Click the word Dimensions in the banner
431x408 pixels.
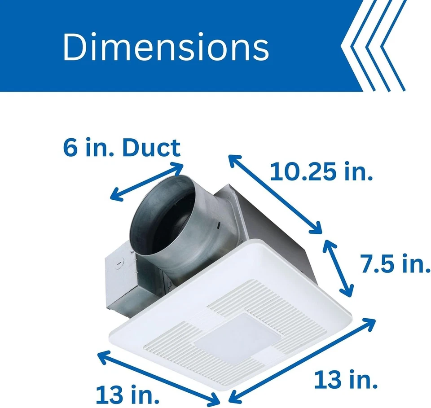point(166,47)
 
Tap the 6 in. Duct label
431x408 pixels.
point(121,148)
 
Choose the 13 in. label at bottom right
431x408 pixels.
point(345,381)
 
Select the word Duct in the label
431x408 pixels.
point(151,148)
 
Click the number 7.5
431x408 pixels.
point(376,264)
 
